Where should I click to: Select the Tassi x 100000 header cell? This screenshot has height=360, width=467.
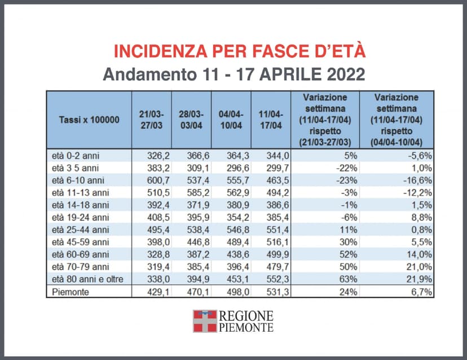[89, 120]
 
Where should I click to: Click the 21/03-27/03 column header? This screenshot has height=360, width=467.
[151, 120]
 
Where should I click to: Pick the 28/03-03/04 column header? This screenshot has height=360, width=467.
[191, 120]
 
